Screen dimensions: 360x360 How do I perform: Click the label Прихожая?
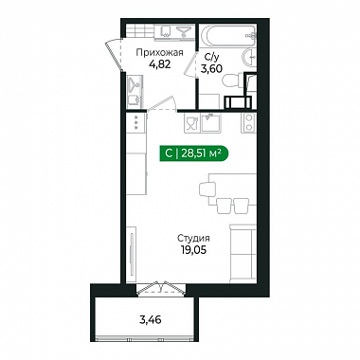click(x=159, y=53)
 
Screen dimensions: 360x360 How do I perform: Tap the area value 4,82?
click(x=160, y=64)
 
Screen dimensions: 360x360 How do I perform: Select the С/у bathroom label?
click(x=211, y=58)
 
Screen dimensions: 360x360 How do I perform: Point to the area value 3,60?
click(x=212, y=68)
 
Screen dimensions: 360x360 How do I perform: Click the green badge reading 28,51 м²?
click(x=193, y=153)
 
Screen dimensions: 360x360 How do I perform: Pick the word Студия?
click(x=193, y=238)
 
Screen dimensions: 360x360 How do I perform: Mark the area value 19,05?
click(x=193, y=250)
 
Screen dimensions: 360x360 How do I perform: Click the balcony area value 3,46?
click(x=151, y=320)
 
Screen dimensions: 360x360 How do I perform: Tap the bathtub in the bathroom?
click(x=227, y=36)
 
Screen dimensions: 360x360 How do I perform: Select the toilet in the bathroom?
click(x=232, y=81)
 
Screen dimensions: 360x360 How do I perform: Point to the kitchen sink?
click(x=211, y=122)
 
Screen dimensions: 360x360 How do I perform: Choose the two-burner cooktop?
click(x=248, y=122)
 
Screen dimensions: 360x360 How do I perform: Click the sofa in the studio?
click(x=243, y=254)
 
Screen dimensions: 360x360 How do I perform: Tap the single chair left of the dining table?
click(x=207, y=189)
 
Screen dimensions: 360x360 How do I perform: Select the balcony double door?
click(x=161, y=288)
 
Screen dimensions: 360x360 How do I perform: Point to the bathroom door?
click(x=191, y=63)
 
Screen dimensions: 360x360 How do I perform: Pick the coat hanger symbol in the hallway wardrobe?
click(x=135, y=82)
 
